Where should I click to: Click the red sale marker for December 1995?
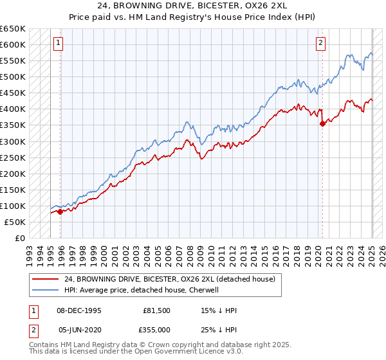point(60,212)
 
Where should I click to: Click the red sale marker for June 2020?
point(322,124)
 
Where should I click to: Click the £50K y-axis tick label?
point(15,222)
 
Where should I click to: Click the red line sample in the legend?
point(45,279)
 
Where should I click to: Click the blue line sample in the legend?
point(45,290)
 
